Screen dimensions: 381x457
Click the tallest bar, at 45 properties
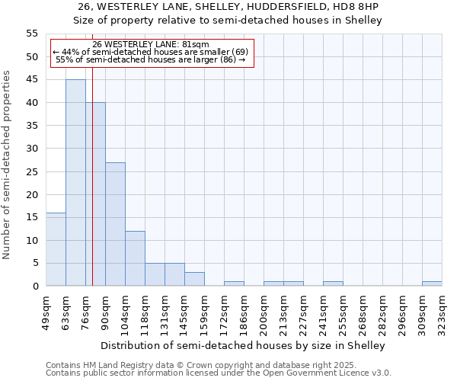click(x=75, y=183)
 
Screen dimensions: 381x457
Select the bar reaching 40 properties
click(x=95, y=194)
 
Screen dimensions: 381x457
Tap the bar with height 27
click(x=115, y=224)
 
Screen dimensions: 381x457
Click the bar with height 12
click(x=135, y=258)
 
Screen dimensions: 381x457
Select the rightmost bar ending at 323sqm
click(x=432, y=283)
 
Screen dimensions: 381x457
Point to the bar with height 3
click(x=194, y=279)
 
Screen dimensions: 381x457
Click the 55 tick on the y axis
click(x=32, y=34)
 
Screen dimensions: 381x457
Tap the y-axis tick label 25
click(x=32, y=171)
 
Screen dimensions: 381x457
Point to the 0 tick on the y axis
click(x=35, y=287)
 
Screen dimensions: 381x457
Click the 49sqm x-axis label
click(x=46, y=312)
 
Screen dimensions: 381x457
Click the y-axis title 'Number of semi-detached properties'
click(x=7, y=165)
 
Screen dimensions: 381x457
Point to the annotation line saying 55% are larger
click(x=150, y=59)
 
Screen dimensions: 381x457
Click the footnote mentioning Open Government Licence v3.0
click(x=219, y=373)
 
